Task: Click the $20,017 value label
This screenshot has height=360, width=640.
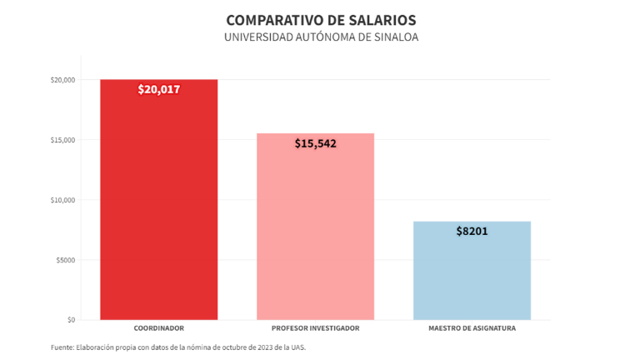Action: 158,90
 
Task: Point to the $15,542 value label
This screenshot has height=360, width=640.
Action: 315,143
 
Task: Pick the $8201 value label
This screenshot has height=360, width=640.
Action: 472,231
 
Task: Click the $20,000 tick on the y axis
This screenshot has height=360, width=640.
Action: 63,80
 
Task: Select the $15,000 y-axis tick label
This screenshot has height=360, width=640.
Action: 63,140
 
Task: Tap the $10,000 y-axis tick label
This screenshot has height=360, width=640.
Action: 63,200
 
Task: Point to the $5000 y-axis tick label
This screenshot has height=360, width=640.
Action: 65,260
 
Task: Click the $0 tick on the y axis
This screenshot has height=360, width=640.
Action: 70,320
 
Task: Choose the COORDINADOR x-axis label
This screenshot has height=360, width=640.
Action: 158,328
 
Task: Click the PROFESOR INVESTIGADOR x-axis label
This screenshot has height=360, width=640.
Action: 315,328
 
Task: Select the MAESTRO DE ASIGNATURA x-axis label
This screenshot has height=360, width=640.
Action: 472,328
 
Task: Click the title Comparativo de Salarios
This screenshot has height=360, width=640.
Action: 321,19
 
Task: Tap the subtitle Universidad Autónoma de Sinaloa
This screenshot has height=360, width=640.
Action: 321,37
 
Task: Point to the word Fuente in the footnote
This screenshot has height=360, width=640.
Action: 62,347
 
